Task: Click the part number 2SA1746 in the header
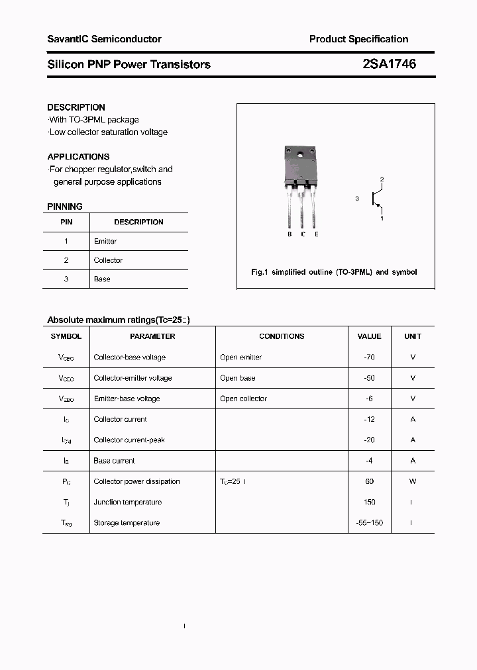click(x=389, y=64)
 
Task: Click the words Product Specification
click(x=358, y=39)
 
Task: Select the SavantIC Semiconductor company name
click(x=104, y=39)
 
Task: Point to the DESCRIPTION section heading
click(x=76, y=107)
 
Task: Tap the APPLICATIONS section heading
click(x=78, y=157)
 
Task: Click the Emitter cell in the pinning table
click(x=105, y=242)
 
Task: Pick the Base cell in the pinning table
click(x=102, y=279)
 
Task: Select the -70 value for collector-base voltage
click(x=369, y=358)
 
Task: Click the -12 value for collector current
click(x=369, y=420)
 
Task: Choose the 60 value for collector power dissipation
click(x=369, y=482)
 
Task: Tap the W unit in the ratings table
click(x=413, y=482)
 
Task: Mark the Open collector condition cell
click(x=243, y=399)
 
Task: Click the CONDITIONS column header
click(x=282, y=336)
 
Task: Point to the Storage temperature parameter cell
click(x=127, y=523)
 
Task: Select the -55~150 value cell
click(x=369, y=523)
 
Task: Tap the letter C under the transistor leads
click(x=303, y=234)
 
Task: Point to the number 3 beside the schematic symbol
click(x=357, y=199)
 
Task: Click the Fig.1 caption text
click(x=334, y=272)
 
